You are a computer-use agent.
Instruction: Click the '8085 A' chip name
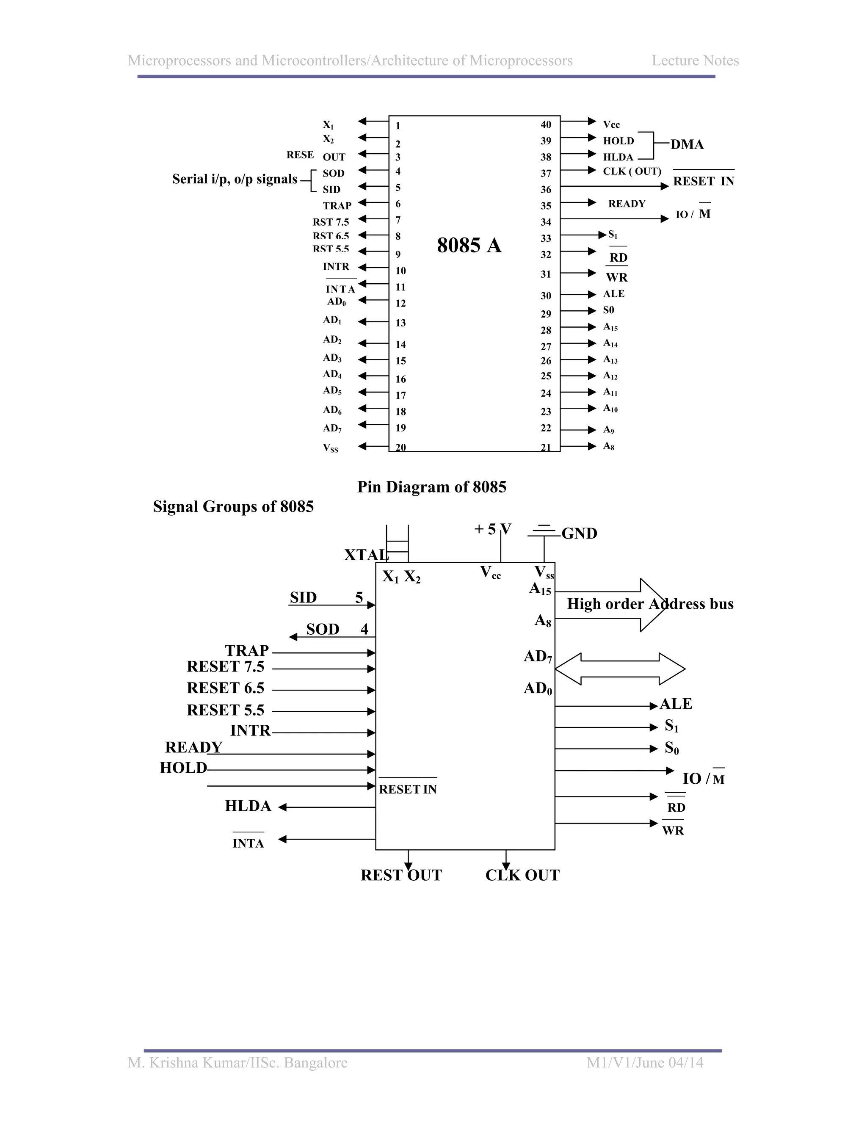coord(469,246)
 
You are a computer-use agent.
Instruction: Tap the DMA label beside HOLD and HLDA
coord(687,144)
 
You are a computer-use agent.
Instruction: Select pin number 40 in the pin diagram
coord(545,125)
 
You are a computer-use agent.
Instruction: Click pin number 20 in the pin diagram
coord(400,447)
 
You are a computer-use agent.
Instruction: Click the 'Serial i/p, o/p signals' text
coord(235,179)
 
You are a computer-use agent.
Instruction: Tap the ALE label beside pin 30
coord(614,294)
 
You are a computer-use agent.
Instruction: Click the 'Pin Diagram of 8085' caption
coord(431,487)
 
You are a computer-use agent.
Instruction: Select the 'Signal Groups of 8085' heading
coord(233,506)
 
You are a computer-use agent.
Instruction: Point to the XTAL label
coord(366,555)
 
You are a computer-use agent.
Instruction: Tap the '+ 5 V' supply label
coord(492,529)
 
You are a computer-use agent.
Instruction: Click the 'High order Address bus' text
coord(650,604)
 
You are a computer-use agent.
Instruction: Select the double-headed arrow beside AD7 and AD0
coord(620,669)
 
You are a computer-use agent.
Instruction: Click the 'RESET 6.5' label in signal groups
coord(226,688)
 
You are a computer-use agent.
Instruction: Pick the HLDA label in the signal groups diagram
coord(248,806)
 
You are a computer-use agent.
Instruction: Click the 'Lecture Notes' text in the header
coord(695,61)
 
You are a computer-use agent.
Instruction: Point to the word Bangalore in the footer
coord(315,1062)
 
